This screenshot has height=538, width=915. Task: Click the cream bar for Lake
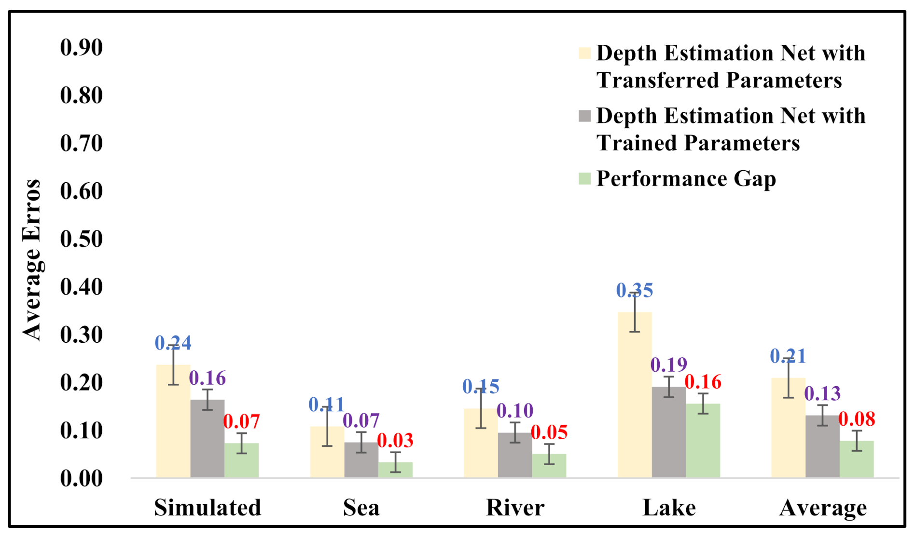635,395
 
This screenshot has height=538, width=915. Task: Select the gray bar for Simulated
208,439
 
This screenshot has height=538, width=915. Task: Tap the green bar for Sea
395,470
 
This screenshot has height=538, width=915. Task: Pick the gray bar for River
515,455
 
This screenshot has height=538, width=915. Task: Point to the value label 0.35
635,290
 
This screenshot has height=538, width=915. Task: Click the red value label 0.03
395,440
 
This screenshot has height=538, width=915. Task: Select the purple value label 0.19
669,365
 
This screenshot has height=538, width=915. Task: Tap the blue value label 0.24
173,343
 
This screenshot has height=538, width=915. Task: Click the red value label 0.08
857,419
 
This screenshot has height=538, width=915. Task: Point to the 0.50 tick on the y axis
82,239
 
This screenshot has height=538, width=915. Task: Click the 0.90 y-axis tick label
82,48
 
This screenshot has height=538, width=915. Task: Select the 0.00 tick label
82,479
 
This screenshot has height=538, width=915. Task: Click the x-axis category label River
515,508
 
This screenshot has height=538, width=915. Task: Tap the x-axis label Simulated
208,508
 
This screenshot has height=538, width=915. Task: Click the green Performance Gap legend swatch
584,179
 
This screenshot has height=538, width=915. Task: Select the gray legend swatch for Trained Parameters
584,116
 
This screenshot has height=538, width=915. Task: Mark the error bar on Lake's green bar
703,403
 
